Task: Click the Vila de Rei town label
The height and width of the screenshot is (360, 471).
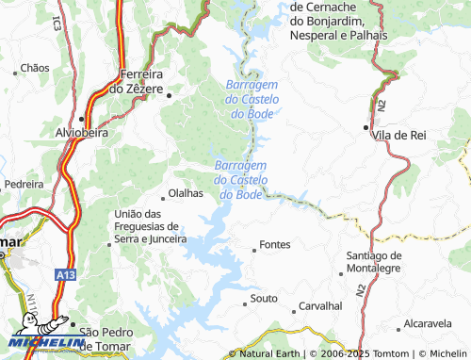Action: click(x=399, y=136)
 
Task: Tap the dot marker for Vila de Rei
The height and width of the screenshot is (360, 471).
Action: click(x=366, y=126)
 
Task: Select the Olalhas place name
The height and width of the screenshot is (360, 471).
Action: click(x=186, y=193)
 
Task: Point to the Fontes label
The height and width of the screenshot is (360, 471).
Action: click(x=275, y=244)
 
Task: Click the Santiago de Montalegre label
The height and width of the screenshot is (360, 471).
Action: click(x=374, y=262)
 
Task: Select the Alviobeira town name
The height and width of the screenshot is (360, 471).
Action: click(x=83, y=133)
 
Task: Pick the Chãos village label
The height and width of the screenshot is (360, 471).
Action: click(x=34, y=68)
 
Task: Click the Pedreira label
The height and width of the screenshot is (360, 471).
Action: click(x=24, y=185)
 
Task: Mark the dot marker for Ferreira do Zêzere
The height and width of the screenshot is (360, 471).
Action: click(x=169, y=95)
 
